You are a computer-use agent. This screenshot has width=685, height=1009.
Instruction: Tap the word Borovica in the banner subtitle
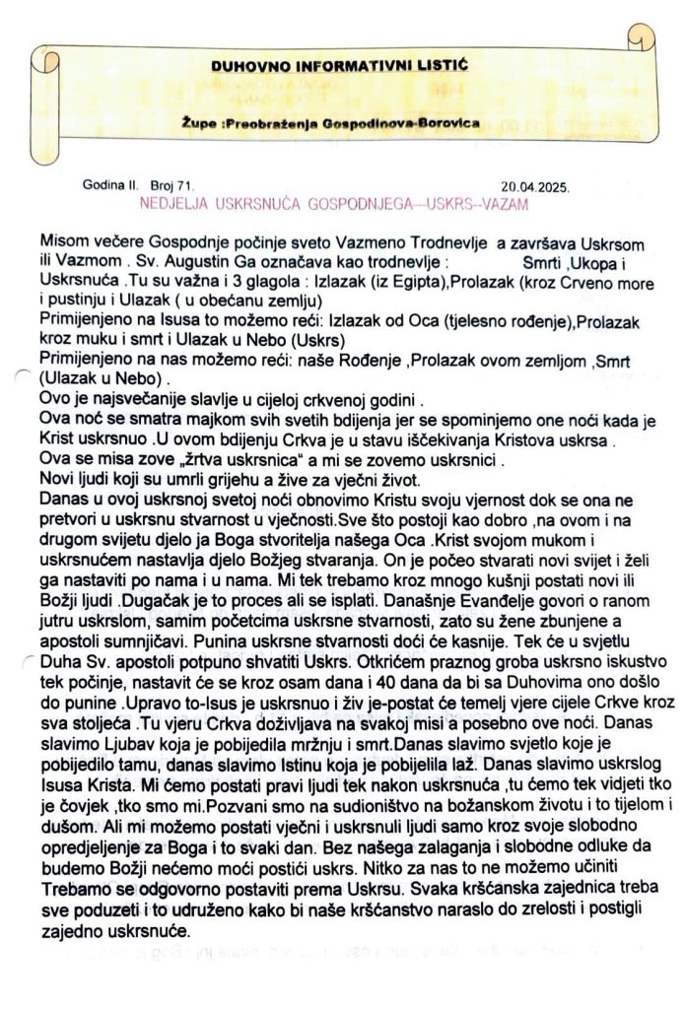pyautogui.click(x=441, y=124)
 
